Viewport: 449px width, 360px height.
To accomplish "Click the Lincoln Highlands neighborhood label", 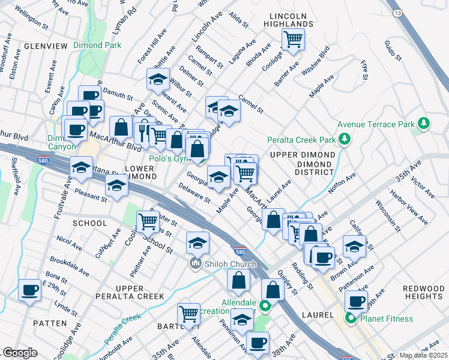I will tap(288, 19).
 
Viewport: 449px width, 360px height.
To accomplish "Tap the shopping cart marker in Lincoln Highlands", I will tap(293, 39).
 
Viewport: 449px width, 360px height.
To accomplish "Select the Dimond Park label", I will tap(97, 45).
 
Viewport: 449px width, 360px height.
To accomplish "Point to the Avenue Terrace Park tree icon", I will tap(424, 124).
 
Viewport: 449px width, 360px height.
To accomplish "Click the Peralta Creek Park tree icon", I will tap(344, 140).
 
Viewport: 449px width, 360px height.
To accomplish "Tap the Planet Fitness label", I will tap(384, 319).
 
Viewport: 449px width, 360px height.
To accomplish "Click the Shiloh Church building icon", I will tap(195, 264).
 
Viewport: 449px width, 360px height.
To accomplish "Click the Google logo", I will tap(20, 353).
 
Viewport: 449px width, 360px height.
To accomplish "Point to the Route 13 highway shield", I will tap(397, 13).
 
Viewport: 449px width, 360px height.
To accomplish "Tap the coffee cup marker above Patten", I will tap(29, 291).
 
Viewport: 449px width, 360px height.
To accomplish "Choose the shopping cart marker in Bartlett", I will tap(188, 313).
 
